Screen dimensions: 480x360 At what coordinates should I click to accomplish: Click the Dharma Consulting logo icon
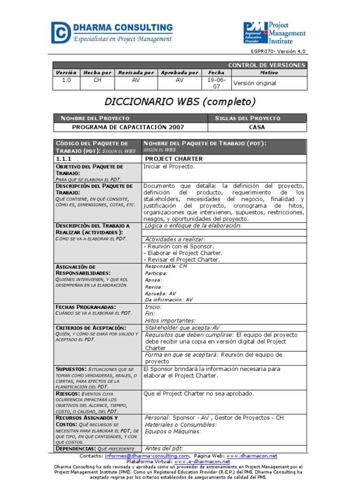tap(61, 32)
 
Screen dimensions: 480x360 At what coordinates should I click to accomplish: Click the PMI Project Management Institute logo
tap(274, 32)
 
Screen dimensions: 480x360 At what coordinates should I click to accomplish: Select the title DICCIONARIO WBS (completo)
tap(180, 102)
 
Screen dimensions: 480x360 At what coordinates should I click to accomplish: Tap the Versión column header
tap(66, 73)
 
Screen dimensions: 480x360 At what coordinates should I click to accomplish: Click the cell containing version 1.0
tap(66, 80)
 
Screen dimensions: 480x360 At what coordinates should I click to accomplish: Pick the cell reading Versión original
tap(255, 83)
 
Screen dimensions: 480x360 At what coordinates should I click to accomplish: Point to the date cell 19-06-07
tap(216, 83)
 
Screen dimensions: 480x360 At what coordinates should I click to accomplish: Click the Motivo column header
tap(269, 73)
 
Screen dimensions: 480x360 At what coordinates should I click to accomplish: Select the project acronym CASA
tap(256, 127)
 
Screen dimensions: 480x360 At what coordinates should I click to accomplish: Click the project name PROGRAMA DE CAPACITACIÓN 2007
tap(128, 127)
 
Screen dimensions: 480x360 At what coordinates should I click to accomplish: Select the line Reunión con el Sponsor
tap(179, 246)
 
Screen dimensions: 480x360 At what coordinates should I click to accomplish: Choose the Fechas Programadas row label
tap(86, 307)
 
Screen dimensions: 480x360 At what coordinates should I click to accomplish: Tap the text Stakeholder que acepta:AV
tap(182, 328)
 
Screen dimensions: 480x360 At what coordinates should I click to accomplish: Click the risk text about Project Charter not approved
tap(199, 393)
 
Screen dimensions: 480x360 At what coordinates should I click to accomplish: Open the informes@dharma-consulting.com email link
tap(147, 456)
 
